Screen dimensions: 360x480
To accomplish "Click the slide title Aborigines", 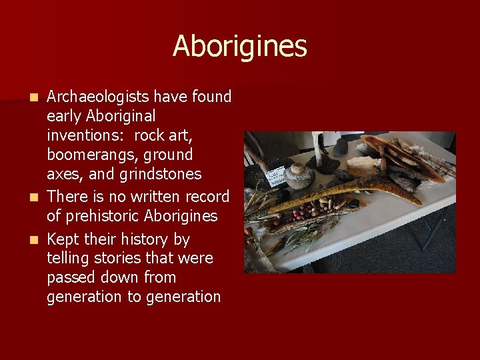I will click(239, 47).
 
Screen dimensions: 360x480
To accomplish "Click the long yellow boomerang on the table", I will click(347, 194).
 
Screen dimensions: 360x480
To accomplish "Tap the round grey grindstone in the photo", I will click(299, 177).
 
